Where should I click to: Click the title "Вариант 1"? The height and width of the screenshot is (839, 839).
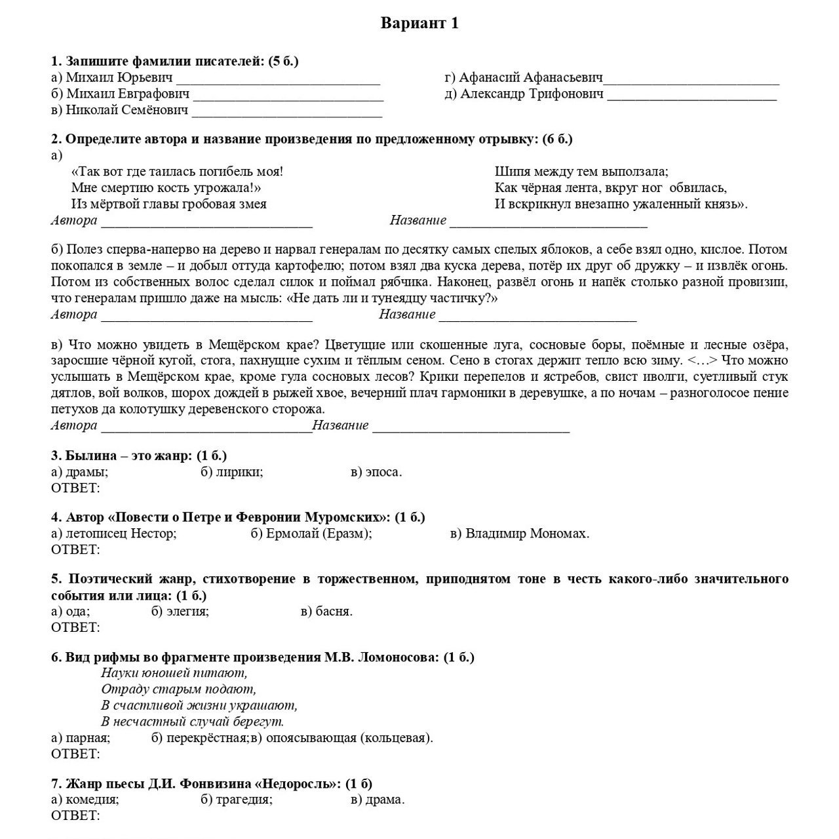point(419,24)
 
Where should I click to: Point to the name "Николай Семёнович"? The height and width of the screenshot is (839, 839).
point(119,110)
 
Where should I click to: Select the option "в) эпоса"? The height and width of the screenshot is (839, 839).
point(376,472)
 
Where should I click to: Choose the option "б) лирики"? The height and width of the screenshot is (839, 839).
point(232,472)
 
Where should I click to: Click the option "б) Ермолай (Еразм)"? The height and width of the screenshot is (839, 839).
point(311,534)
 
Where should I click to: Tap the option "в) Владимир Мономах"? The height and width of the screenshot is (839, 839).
point(520,534)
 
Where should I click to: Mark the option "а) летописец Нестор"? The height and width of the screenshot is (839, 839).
point(114,534)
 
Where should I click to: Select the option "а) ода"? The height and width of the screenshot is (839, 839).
point(71,612)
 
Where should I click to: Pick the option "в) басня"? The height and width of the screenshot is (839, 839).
point(326,612)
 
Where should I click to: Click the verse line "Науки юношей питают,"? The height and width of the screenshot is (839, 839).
point(174,673)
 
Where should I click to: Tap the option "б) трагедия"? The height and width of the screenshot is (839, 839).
point(237,800)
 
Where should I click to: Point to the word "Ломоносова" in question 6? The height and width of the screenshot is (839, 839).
point(398,657)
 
